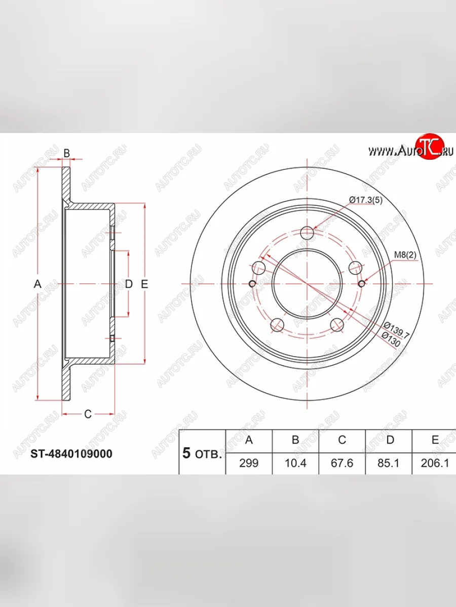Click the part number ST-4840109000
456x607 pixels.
coord(71,454)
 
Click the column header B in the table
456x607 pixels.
coord(295,440)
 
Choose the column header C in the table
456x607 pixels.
coord(342,440)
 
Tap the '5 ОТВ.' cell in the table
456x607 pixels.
coord(202,453)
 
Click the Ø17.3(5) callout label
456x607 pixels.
coord(365,200)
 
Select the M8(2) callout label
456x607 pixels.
coord(405,255)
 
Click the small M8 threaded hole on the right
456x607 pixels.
coord(361,284)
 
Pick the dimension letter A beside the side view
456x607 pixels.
coord(37,284)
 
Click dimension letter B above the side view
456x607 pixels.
coord(66,153)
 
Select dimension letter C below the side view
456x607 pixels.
coord(88,414)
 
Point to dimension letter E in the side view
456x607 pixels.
coord(144,284)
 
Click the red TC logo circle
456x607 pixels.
coord(429,147)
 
